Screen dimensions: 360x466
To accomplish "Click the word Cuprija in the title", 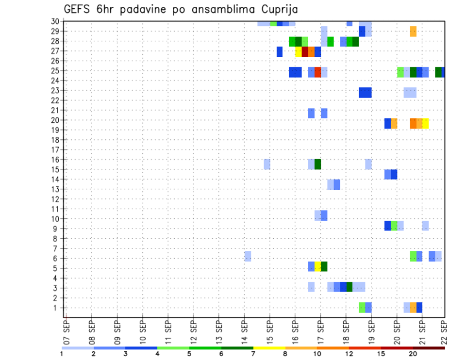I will (x=278, y=9).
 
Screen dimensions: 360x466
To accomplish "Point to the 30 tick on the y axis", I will (x=55, y=21).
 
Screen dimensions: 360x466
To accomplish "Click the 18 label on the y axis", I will (x=55, y=140).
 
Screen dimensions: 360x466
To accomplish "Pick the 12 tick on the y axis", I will (x=55, y=199).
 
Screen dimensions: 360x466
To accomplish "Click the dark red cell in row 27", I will (x=305, y=51).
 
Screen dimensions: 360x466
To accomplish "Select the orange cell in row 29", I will (x=413, y=32).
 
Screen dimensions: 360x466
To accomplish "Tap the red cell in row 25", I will (x=317, y=72).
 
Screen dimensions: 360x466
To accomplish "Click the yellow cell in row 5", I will (x=317, y=266).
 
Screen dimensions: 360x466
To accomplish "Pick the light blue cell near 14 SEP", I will (x=248, y=256).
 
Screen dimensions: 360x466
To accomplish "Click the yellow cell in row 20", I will (x=426, y=123).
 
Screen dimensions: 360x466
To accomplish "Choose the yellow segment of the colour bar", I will (x=269, y=348).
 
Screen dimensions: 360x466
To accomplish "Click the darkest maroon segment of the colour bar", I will (x=429, y=348).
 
